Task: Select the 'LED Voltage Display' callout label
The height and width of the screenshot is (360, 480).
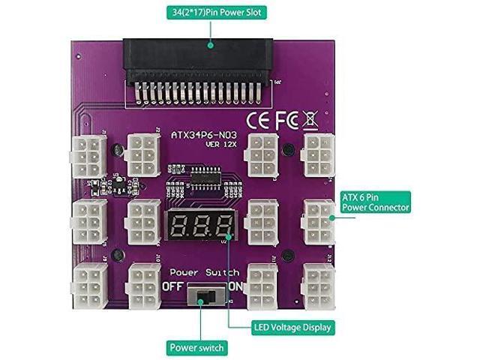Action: (294, 327)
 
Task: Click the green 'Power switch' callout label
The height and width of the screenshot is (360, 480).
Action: (195, 348)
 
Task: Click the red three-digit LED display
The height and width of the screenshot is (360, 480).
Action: (198, 224)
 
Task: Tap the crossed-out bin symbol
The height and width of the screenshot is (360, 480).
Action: (312, 118)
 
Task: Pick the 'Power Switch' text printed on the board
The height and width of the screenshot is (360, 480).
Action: (204, 271)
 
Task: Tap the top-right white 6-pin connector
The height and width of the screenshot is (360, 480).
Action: (317, 154)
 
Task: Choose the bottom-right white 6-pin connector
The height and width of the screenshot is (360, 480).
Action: (318, 283)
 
